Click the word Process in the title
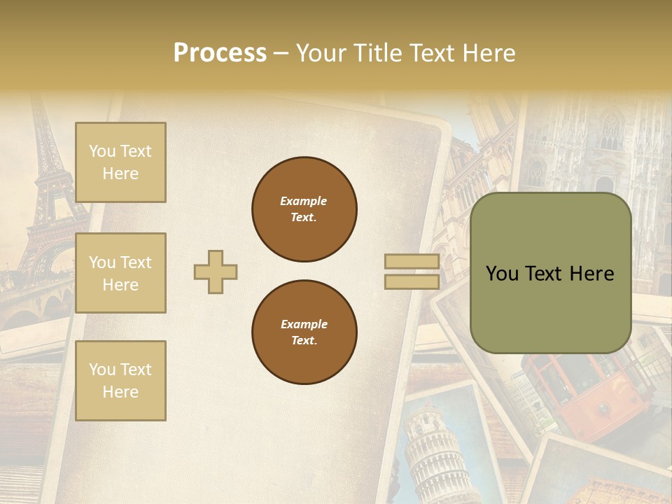click(220, 52)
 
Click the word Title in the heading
click(374, 52)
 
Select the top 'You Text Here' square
click(120, 162)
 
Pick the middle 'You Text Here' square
click(120, 273)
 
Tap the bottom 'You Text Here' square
click(120, 380)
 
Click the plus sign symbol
click(216, 272)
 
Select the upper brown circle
click(304, 209)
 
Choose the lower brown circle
click(304, 332)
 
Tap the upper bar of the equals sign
click(412, 262)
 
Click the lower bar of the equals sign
click(412, 281)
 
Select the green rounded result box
click(550, 273)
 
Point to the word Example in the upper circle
click(303, 201)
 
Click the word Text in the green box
click(549, 274)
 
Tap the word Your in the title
click(323, 52)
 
